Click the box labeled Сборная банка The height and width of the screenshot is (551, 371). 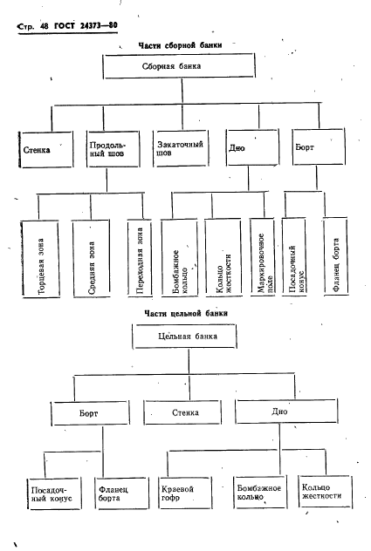pyautogui.click(x=179, y=65)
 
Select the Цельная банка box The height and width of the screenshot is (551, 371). pyautogui.click(x=184, y=337)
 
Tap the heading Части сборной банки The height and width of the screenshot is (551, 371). pyautogui.click(x=180, y=45)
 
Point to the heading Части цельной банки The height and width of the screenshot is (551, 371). pyautogui.click(x=186, y=313)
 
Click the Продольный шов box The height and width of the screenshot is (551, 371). pyautogui.click(x=113, y=149)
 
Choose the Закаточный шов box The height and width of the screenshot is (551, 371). pyautogui.click(x=181, y=148)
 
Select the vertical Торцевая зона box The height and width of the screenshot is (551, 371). pyautogui.click(x=40, y=259)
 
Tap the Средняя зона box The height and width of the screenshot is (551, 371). pyautogui.click(x=91, y=259)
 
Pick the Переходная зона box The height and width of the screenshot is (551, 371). pyautogui.click(x=140, y=258)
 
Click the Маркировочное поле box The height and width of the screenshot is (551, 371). pyautogui.click(x=262, y=257)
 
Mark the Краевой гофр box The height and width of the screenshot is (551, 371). pyautogui.click(x=185, y=493)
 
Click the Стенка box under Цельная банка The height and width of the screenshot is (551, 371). pyautogui.click(x=182, y=412)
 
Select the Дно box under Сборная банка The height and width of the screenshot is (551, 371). pyautogui.click(x=252, y=147)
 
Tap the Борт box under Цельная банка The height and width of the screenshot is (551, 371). pyautogui.click(x=90, y=413)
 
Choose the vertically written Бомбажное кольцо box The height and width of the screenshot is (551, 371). pyautogui.click(x=180, y=257)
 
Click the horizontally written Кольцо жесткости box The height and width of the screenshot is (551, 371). pyautogui.click(x=326, y=491)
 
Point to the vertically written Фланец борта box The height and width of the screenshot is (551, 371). pyautogui.click(x=336, y=256)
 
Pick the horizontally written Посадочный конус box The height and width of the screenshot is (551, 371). pyautogui.click(x=54, y=493)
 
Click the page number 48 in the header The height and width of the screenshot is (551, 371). pyautogui.click(x=44, y=26)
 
